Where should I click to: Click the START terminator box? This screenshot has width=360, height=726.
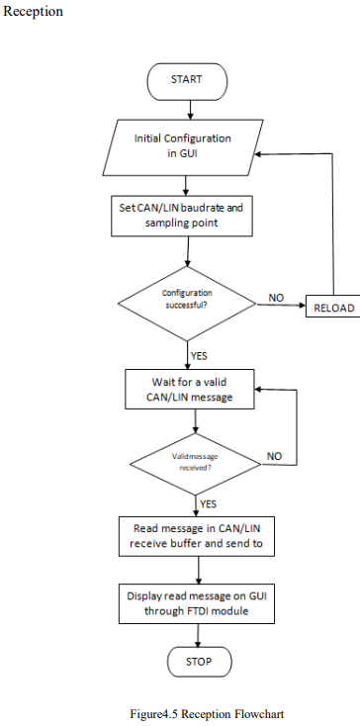point(186,78)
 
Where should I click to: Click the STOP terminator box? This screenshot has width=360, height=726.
point(199,661)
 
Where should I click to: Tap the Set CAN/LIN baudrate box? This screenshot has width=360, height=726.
point(187,215)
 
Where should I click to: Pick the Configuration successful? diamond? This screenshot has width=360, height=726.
point(187,300)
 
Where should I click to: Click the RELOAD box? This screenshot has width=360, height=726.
point(332,308)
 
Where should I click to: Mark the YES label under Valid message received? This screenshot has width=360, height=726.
point(209,503)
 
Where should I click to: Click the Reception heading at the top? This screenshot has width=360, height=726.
point(34,11)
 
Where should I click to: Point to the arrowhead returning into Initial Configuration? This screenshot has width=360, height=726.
point(258,154)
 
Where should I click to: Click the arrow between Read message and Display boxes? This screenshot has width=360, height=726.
point(200,569)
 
